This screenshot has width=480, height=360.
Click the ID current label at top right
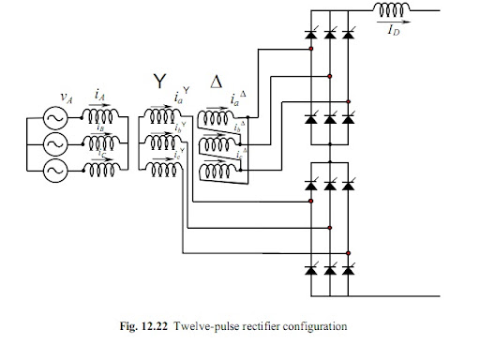396,28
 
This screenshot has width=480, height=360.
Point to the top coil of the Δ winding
217,123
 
